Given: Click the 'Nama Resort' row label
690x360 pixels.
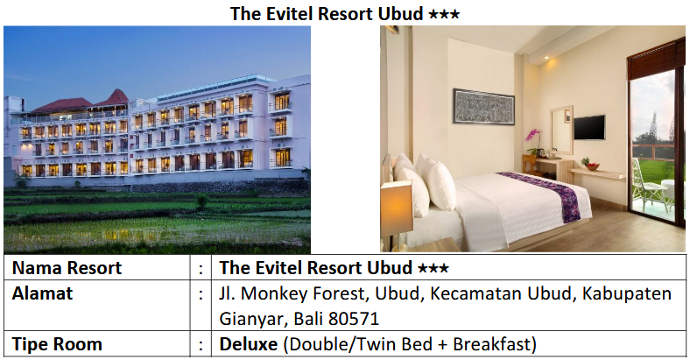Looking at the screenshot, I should tap(67, 268).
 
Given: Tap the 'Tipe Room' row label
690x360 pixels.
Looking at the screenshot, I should tap(57, 344).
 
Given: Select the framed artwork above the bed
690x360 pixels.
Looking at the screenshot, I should tap(482, 107).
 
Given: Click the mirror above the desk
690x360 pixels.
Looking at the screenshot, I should tap(560, 122).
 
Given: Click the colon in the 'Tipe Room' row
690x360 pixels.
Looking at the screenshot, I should tap(202, 344).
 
